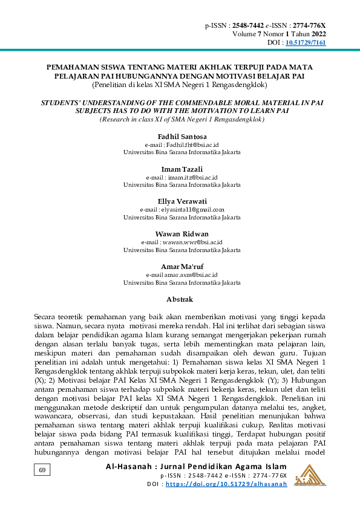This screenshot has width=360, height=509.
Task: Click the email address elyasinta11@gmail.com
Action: pos(191,210)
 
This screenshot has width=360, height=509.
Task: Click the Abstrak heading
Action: pos(180,299)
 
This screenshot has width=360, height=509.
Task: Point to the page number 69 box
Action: pos(42,470)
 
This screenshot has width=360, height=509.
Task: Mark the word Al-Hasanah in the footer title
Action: pos(126,467)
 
